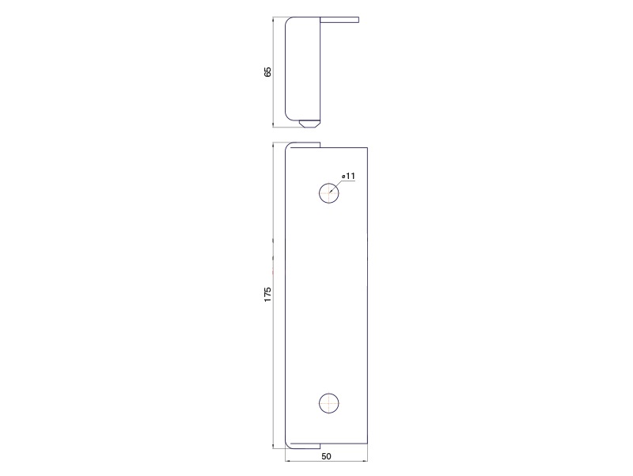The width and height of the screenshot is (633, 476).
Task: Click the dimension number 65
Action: tap(267, 72)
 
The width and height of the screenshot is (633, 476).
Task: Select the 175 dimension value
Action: tap(267, 295)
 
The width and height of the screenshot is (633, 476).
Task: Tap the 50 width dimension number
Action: tap(326, 456)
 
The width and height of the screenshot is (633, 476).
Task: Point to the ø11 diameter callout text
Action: tap(348, 176)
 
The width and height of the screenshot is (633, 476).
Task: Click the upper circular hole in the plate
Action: tap(329, 192)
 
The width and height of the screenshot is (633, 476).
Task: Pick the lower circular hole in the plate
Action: tap(329, 403)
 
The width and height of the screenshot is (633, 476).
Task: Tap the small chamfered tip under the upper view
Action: tap(309, 123)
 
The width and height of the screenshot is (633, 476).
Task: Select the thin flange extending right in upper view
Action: tap(339, 19)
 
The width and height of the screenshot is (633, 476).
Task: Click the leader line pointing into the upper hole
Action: tap(336, 186)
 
